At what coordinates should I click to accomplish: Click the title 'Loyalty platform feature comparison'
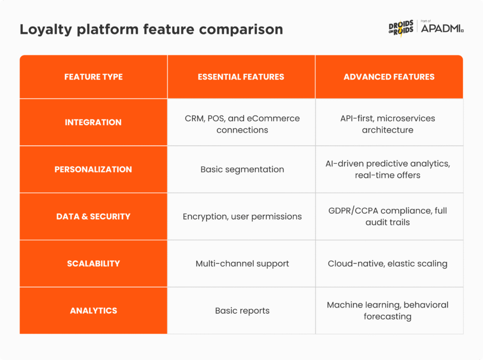(151, 29)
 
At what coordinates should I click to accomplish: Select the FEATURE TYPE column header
(94, 77)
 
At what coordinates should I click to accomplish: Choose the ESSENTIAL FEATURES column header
(241, 77)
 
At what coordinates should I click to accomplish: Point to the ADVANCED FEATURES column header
(389, 77)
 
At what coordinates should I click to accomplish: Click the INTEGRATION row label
(94, 122)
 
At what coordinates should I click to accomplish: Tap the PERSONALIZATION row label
(94, 169)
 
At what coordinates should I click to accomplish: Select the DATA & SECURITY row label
(94, 217)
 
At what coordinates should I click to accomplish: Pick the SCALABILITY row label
(94, 263)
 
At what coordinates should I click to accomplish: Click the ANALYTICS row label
(94, 311)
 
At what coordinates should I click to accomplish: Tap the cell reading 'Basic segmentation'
(242, 169)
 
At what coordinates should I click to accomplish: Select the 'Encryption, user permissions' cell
(242, 217)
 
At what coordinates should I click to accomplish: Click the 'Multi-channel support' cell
(242, 263)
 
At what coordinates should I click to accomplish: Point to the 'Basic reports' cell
(242, 311)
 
